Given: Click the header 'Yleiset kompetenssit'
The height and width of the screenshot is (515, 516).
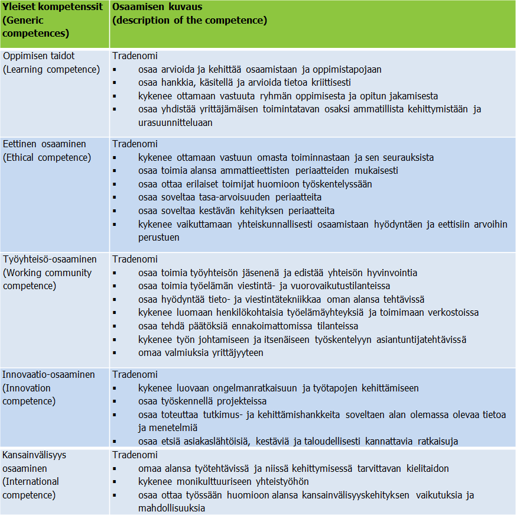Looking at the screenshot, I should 52,7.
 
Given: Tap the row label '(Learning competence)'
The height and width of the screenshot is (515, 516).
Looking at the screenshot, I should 51,69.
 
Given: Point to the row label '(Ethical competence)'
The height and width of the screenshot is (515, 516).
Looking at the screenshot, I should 47,157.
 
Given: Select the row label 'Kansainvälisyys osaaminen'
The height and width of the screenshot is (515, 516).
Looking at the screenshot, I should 35,461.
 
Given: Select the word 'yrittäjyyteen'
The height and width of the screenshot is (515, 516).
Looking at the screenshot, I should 235,352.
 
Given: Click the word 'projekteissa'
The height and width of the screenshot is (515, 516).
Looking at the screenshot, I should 236,401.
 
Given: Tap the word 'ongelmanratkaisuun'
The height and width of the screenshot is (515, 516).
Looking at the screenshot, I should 245,388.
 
